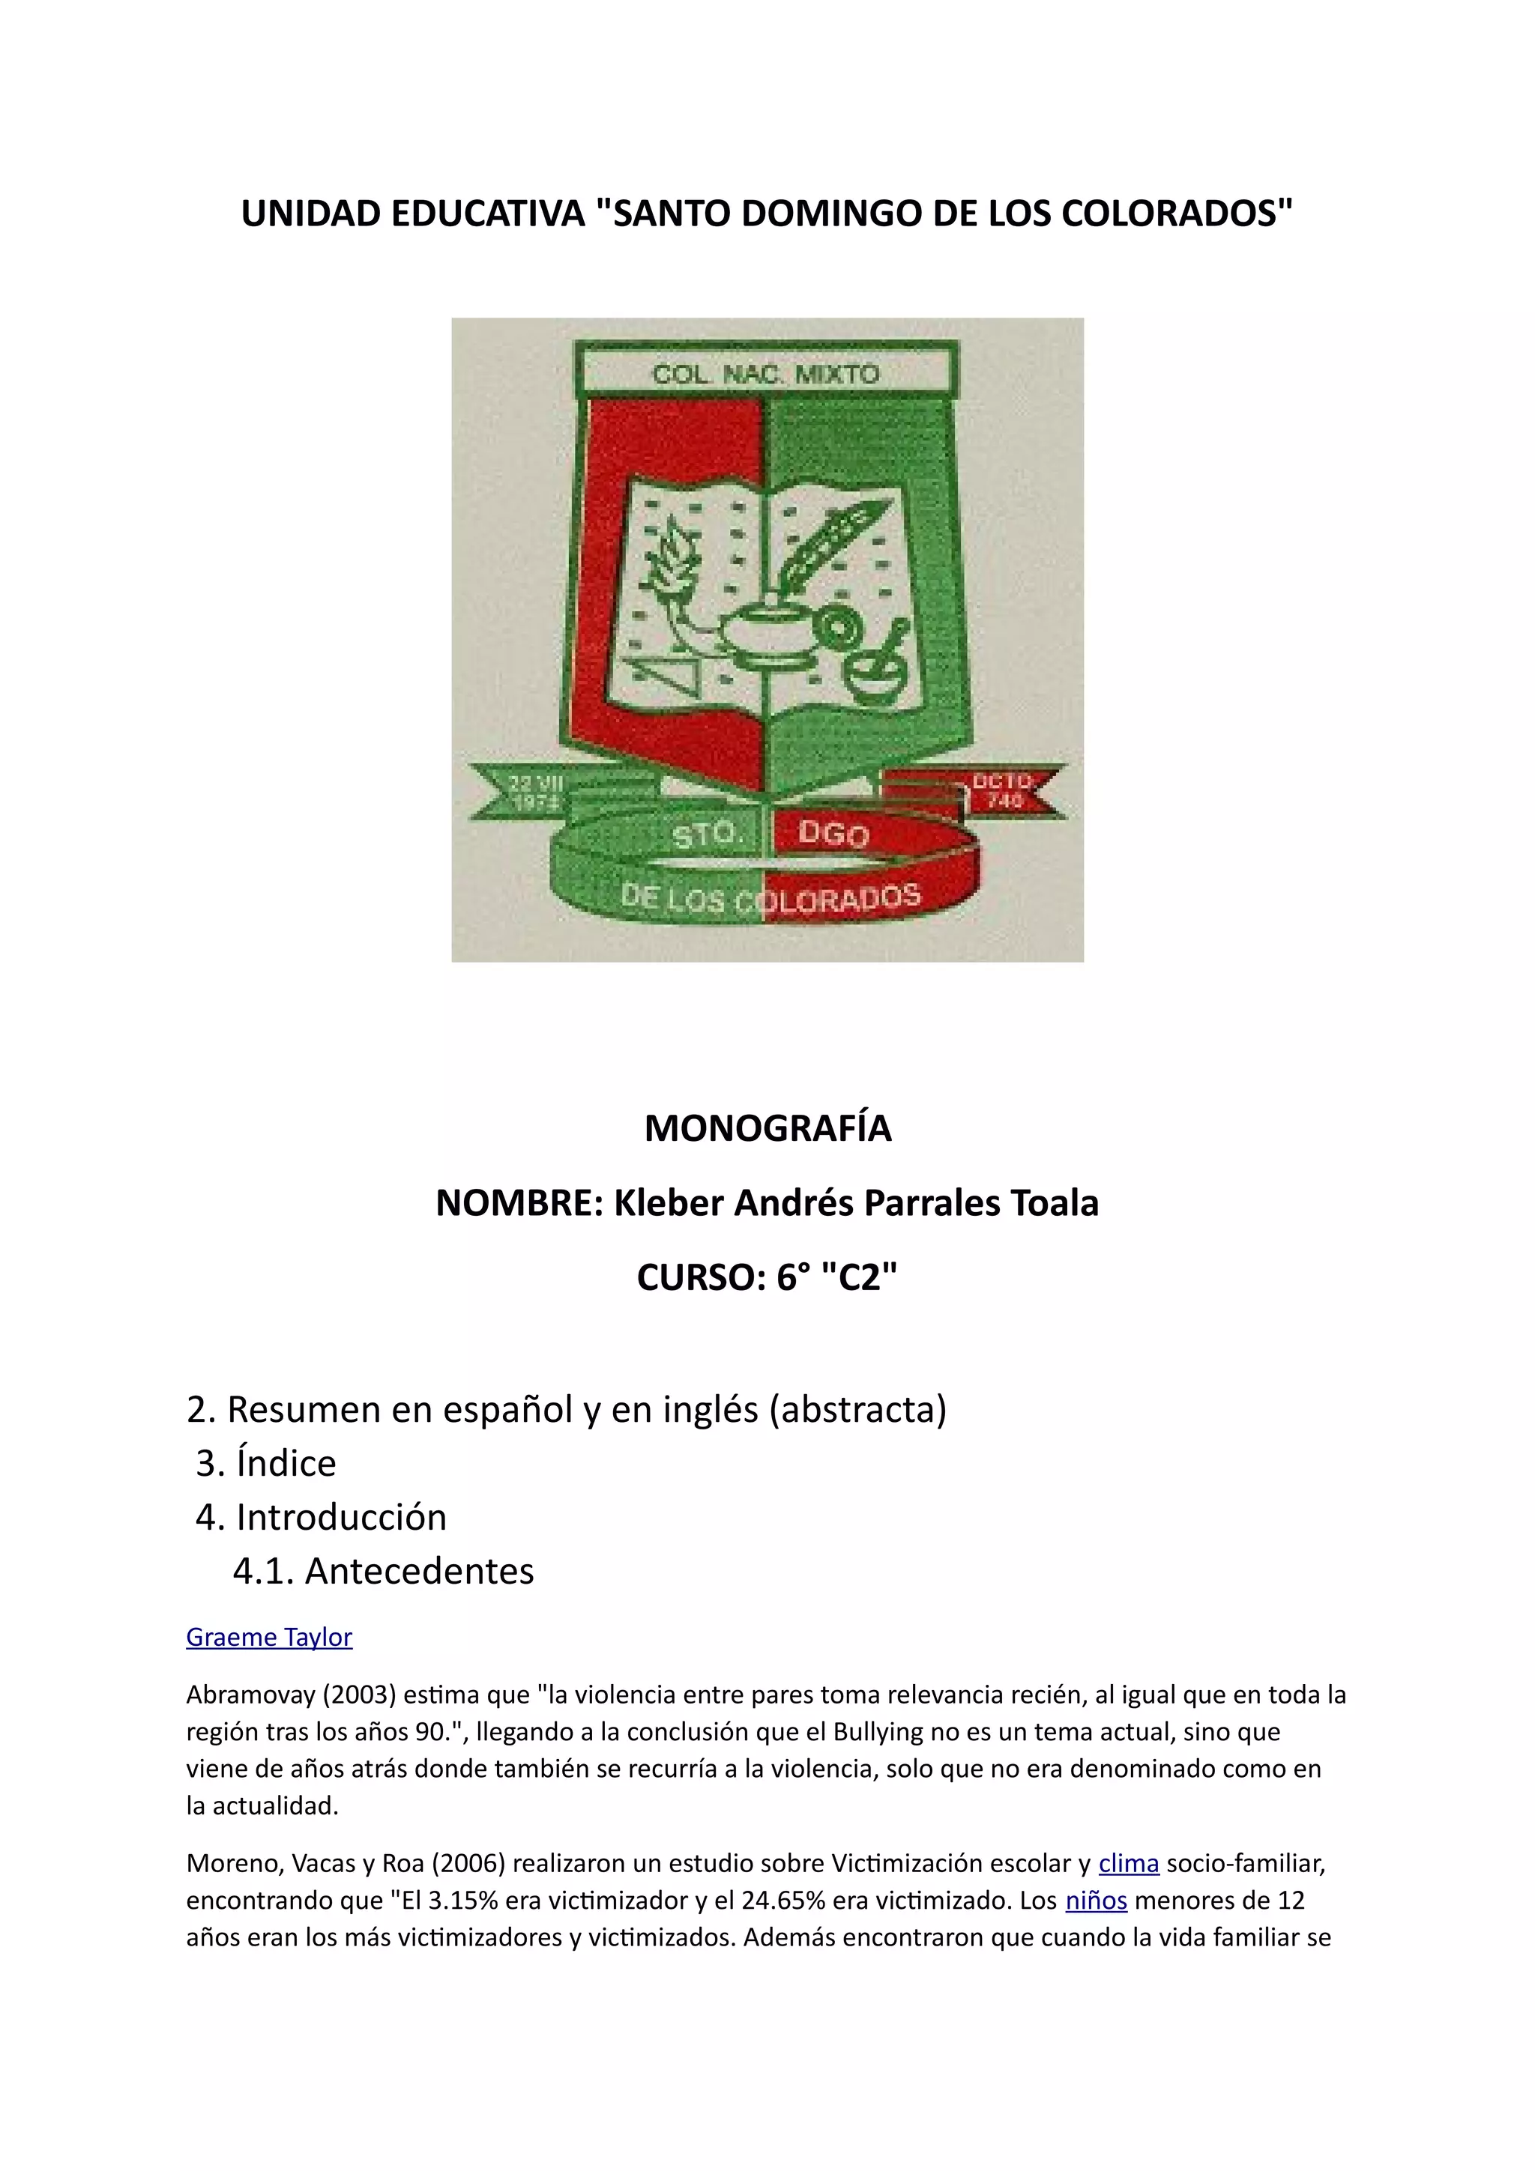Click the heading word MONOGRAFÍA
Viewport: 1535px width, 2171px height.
[x=767, y=1128]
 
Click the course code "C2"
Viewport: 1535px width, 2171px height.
[x=859, y=1277]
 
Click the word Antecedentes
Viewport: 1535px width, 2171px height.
[x=419, y=1571]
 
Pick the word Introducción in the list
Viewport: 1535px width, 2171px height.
[x=340, y=1517]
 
